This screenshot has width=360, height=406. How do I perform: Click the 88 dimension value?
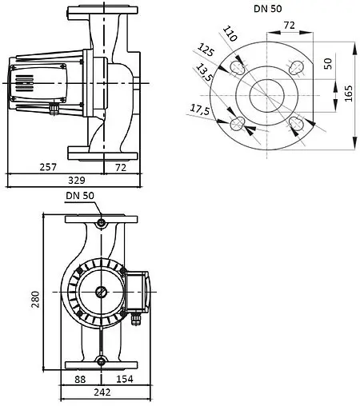pyautogui.click(x=80, y=378)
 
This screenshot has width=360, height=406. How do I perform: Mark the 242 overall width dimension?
pyautogui.click(x=101, y=392)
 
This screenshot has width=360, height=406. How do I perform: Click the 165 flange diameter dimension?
pyautogui.click(x=347, y=94)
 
